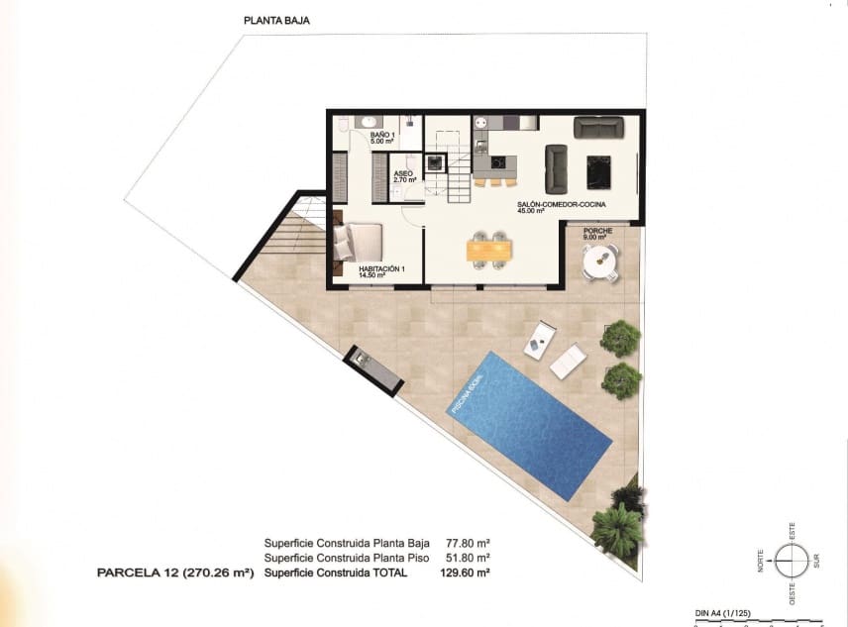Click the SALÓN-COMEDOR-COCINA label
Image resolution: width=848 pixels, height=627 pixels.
561,207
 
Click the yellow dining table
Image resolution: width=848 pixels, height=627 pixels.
490,251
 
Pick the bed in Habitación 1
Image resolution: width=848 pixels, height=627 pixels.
358,243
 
